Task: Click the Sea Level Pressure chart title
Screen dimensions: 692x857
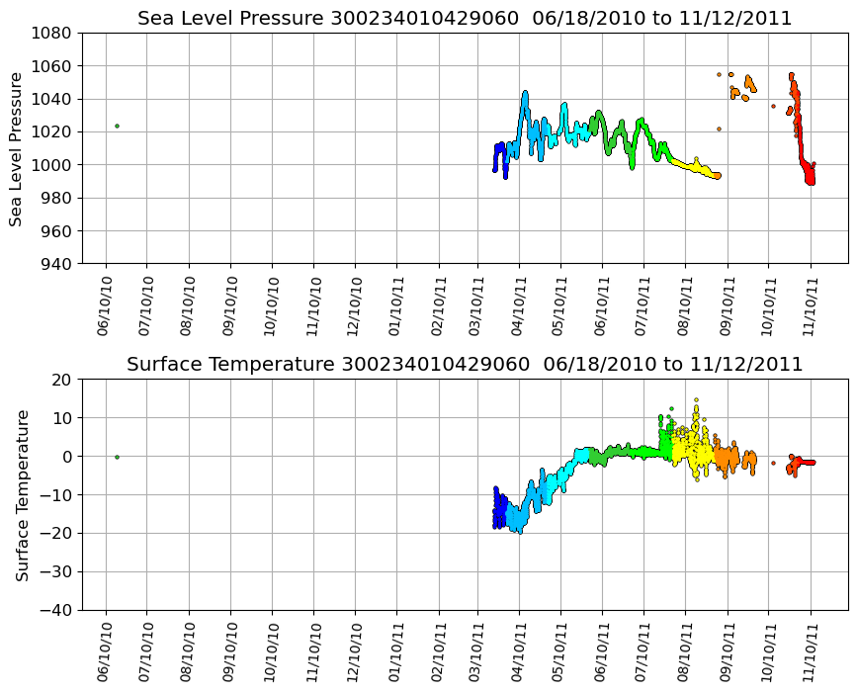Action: (x=465, y=19)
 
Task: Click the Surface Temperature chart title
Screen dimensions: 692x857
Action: (x=465, y=365)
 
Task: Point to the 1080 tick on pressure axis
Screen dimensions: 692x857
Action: (x=56, y=33)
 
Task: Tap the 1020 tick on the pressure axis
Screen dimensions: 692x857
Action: (x=56, y=131)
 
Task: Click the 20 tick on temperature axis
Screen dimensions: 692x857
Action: (x=63, y=380)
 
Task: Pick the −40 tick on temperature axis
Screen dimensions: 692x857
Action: (x=56, y=610)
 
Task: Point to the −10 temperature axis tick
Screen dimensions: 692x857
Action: (x=56, y=494)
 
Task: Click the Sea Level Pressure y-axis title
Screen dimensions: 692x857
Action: (x=17, y=148)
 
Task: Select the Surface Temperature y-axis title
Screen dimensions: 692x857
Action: (x=22, y=494)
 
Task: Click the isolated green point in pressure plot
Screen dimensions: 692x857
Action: (x=117, y=126)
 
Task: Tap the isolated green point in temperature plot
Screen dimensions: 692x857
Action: (x=117, y=457)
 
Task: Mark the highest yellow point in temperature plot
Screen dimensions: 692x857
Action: (x=696, y=400)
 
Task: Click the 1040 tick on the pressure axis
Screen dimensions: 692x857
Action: (x=56, y=99)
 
